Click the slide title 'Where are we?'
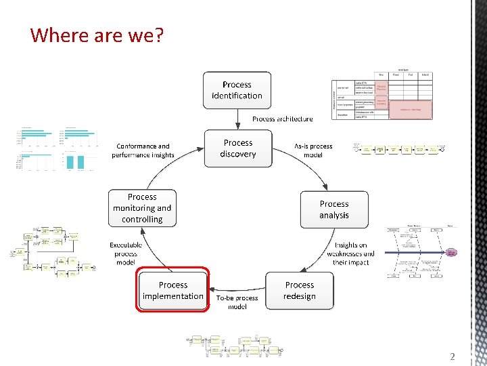[97, 35]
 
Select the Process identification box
[237, 90]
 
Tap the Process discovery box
[238, 148]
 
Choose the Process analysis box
[334, 209]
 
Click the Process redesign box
[300, 291]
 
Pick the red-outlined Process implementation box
[173, 290]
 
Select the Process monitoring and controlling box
[142, 208]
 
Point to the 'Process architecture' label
[283, 119]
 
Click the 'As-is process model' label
[313, 150]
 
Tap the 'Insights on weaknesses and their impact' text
[350, 253]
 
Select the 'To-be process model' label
[237, 302]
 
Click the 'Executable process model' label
[125, 253]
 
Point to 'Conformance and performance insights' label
[143, 150]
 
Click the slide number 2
[453, 357]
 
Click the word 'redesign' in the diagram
[300, 296]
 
